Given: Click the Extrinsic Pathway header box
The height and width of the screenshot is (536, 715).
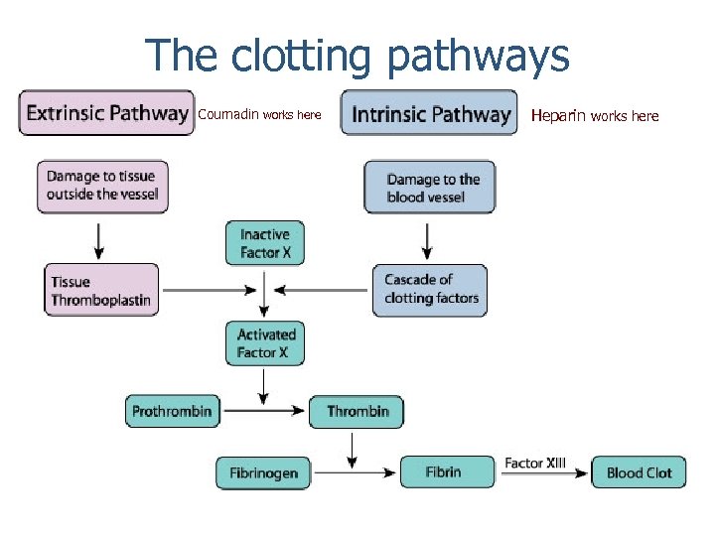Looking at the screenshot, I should tap(106, 113).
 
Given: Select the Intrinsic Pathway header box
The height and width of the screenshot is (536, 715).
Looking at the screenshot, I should tap(429, 113).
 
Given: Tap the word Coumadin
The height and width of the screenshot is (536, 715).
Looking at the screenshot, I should tap(228, 114).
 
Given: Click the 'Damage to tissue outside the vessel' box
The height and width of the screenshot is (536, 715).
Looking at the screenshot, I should tap(102, 186).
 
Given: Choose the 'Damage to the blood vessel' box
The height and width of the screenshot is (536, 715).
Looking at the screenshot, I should tap(429, 188).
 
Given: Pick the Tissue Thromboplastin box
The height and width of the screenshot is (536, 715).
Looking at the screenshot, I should tap(100, 290).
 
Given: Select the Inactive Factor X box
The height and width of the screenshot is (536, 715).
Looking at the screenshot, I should tap(265, 243).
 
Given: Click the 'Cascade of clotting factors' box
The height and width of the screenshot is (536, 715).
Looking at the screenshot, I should tap(430, 290).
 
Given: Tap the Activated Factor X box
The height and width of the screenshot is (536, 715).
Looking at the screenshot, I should tap(265, 343).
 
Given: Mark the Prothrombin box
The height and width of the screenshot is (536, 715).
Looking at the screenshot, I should tap(173, 411).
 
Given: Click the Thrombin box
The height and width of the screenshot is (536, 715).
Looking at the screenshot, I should tap(356, 412).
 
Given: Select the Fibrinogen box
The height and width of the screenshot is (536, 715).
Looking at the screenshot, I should tap(263, 472).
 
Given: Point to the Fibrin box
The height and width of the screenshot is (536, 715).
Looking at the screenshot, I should tap(446, 471).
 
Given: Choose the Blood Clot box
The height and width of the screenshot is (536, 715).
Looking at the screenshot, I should tap(639, 472).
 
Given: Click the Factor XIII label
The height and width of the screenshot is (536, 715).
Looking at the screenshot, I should tap(535, 463).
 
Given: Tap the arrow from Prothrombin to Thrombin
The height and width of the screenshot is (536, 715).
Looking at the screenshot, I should tap(262, 411).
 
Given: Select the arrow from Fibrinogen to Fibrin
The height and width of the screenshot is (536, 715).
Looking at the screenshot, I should tap(355, 472).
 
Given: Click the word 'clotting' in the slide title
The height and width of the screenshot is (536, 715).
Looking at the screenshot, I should tap(304, 56).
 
